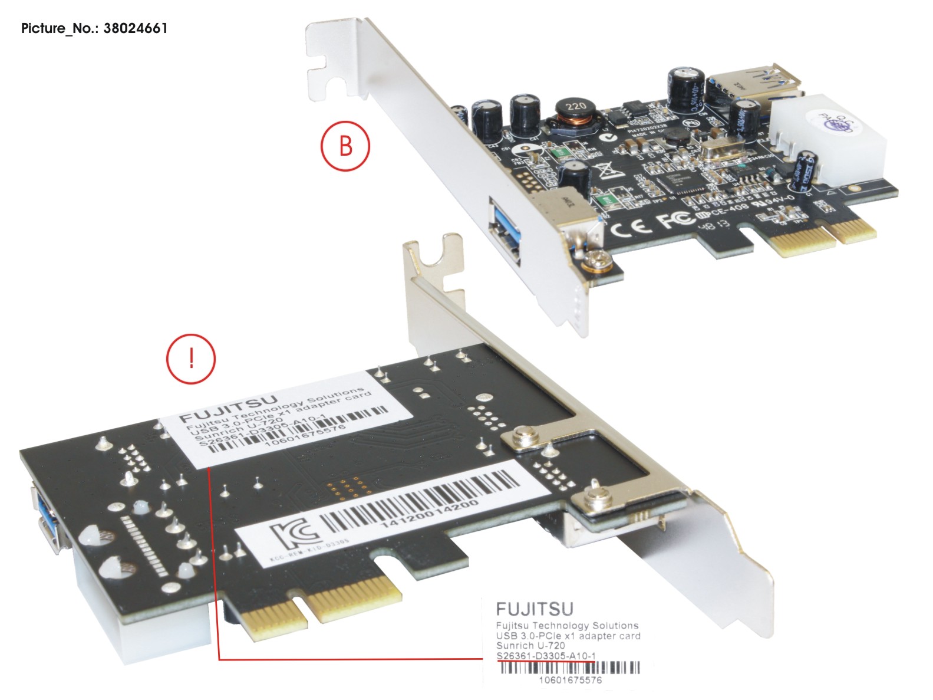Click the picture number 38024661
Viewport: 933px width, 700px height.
click(x=135, y=28)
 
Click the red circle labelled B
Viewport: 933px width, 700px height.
click(x=345, y=146)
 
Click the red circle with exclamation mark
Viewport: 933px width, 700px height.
click(x=191, y=359)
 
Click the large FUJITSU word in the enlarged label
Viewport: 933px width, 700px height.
click(x=535, y=609)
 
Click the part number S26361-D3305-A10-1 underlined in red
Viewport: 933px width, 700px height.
click(x=546, y=656)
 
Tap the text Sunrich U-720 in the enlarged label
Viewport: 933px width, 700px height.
click(x=530, y=646)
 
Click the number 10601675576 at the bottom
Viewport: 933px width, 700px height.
click(x=570, y=680)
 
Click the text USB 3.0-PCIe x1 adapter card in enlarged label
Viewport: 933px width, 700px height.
click(x=568, y=636)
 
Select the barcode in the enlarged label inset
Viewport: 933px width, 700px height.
click(x=569, y=668)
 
